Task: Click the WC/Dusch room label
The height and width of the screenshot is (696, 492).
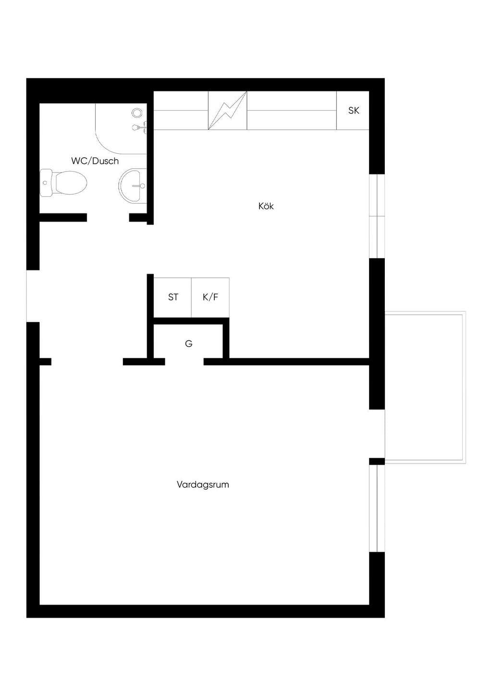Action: (x=95, y=161)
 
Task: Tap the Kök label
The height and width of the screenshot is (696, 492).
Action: (x=266, y=206)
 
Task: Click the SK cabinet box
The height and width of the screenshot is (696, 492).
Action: (x=353, y=110)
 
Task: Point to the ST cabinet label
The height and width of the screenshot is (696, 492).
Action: (x=173, y=298)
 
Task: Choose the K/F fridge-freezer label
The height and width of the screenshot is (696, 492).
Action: (x=210, y=298)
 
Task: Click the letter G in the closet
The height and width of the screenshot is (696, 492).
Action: (x=188, y=344)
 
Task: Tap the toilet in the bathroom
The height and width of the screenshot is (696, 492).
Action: (x=63, y=183)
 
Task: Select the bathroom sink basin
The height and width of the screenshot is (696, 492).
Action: (x=132, y=186)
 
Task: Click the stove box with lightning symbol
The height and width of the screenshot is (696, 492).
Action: (x=227, y=110)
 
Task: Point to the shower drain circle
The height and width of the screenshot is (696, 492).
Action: (x=136, y=112)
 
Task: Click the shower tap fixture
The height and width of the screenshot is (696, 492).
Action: (x=139, y=127)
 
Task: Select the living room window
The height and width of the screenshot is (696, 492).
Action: (x=377, y=509)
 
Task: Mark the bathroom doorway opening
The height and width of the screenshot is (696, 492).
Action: (x=108, y=217)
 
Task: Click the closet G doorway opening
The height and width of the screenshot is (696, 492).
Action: (x=184, y=361)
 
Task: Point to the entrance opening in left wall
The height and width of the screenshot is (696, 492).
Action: (x=33, y=296)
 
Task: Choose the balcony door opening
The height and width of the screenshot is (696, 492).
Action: (x=377, y=434)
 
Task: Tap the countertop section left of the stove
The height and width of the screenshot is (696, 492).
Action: (x=181, y=110)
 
